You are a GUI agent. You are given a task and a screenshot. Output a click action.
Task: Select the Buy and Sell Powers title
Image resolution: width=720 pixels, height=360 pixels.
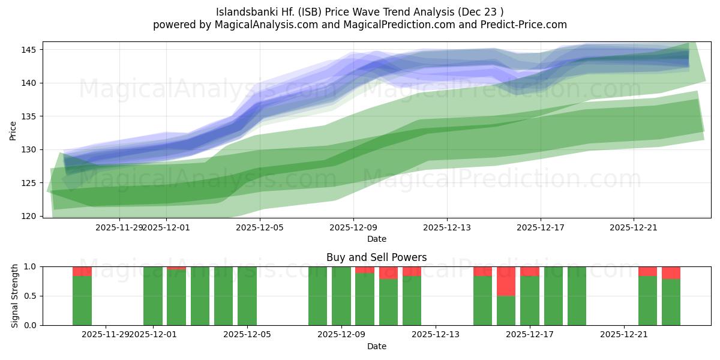click(376, 257)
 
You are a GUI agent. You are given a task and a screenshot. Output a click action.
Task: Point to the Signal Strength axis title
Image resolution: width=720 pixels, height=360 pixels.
click(16, 296)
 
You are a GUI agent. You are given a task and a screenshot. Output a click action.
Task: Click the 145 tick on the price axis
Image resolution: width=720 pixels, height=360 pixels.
click(30, 50)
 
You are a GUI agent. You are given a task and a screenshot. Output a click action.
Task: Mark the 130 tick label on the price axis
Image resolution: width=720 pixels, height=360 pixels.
click(30, 149)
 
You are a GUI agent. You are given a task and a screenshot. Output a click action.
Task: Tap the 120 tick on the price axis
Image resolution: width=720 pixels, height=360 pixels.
click(30, 216)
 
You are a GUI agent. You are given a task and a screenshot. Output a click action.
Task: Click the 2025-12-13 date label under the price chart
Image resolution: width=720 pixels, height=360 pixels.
click(447, 227)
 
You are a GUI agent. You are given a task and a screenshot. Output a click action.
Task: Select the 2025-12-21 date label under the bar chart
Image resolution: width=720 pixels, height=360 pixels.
click(625, 334)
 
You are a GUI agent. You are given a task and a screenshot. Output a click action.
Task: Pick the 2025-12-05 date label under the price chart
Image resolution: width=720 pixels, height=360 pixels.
click(260, 227)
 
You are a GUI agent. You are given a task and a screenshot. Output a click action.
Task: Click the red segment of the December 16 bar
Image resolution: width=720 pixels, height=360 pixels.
click(506, 281)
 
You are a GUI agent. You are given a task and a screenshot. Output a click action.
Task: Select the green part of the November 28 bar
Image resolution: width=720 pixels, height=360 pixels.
click(82, 300)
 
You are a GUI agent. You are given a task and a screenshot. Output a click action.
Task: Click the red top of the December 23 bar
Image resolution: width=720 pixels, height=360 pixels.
click(671, 272)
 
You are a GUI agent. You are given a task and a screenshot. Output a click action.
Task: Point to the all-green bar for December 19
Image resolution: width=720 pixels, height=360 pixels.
click(577, 296)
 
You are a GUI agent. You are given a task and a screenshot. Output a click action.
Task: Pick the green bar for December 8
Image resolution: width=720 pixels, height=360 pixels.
click(317, 296)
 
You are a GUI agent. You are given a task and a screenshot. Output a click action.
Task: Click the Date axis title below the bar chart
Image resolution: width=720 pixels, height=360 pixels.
click(376, 346)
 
